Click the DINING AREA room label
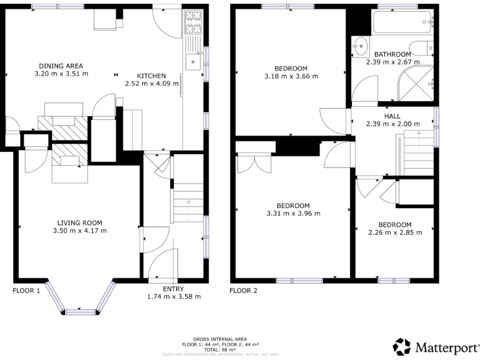pyautogui.click(x=61, y=66)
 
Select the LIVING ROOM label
pyautogui.click(x=79, y=222)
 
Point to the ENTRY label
pyautogui.click(x=173, y=289)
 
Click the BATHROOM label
pyautogui.click(x=392, y=54)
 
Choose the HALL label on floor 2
pyautogui.click(x=392, y=116)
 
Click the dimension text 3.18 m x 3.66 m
pyautogui.click(x=291, y=77)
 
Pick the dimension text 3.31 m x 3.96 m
pyautogui.click(x=293, y=213)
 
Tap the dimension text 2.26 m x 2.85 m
pyautogui.click(x=394, y=232)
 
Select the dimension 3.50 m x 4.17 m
pyautogui.click(x=79, y=230)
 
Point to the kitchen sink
pyautogui.click(x=193, y=61)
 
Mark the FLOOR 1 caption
pyautogui.click(x=26, y=291)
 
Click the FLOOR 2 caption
pyautogui.click(x=243, y=291)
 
